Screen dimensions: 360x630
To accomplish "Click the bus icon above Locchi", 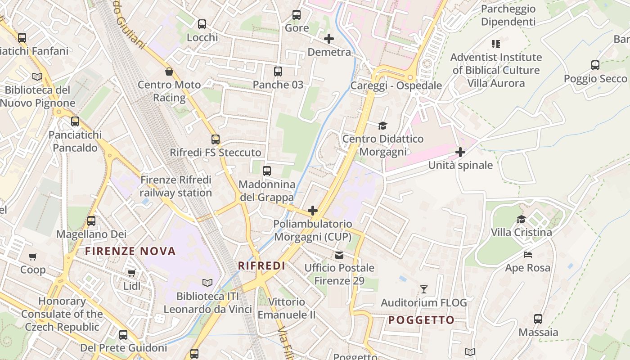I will click(x=202, y=24).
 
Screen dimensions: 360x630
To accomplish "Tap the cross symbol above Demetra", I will click(x=329, y=39).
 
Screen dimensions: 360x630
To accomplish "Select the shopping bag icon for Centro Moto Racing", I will click(x=169, y=72).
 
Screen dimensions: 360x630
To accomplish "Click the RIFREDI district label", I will click(x=261, y=265).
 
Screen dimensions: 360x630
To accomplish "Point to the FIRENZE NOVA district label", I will click(x=130, y=251).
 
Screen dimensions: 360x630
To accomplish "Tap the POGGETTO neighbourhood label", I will click(x=421, y=320).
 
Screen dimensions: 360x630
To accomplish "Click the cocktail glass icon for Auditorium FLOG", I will click(x=423, y=289).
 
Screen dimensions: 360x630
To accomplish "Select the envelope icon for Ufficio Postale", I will click(x=339, y=255).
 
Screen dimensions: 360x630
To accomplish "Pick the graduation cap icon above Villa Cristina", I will click(x=521, y=219).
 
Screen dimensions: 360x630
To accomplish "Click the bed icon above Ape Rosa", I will click(x=528, y=255).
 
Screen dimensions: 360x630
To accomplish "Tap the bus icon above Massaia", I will click(x=538, y=319).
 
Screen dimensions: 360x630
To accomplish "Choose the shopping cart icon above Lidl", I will click(x=131, y=273).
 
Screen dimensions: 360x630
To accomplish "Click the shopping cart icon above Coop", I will click(x=32, y=256).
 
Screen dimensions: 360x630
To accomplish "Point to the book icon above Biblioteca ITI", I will click(x=207, y=283).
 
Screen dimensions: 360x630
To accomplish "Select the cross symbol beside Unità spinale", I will click(x=460, y=152).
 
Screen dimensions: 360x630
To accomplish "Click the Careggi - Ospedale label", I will click(x=396, y=85).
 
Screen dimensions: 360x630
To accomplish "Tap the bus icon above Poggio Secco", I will click(x=595, y=65).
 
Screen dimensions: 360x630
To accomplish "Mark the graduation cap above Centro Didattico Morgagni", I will click(x=382, y=126).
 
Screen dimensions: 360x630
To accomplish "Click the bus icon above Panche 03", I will click(x=278, y=71).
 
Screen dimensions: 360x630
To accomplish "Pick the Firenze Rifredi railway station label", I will click(x=175, y=186).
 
